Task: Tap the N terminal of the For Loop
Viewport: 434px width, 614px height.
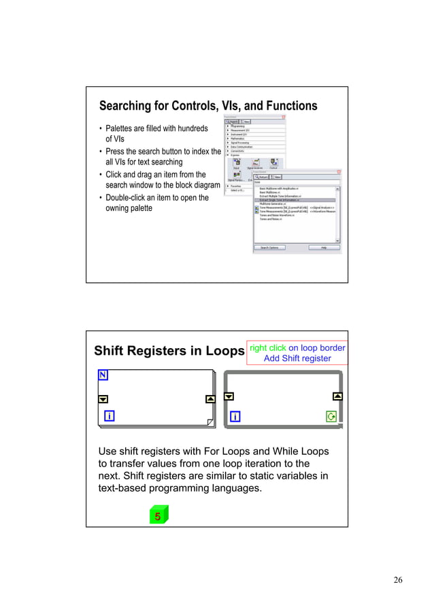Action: [x=103, y=375]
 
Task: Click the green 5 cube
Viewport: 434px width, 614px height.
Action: [x=158, y=516]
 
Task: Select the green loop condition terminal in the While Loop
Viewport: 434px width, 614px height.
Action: [x=331, y=416]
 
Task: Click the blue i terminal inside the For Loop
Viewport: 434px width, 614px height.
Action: [x=108, y=416]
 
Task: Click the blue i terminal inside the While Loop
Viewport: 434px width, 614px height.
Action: [x=235, y=416]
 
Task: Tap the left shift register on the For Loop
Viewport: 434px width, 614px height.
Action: [x=103, y=399]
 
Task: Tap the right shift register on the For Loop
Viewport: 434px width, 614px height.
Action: [x=210, y=399]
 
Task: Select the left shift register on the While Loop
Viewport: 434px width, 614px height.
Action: [x=229, y=396]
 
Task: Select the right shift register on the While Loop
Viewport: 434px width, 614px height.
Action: [x=337, y=396]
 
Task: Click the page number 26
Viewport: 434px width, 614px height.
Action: [x=398, y=580]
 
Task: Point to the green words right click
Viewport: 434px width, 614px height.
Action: [x=268, y=348]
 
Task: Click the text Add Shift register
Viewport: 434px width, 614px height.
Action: [x=297, y=358]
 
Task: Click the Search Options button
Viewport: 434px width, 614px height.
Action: [x=270, y=248]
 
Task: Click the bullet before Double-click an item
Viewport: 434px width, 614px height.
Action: [x=101, y=199]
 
